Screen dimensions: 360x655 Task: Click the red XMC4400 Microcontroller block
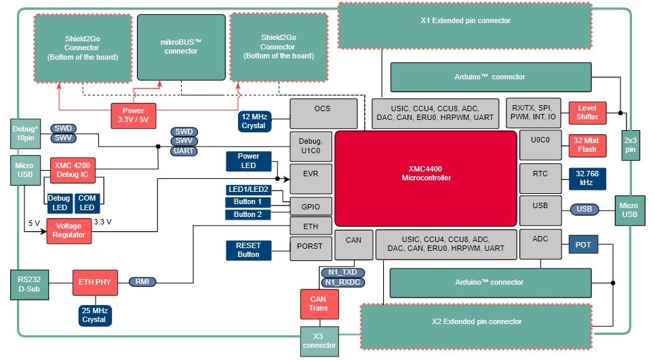tap(426, 178)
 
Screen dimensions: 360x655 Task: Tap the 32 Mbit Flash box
tap(587, 145)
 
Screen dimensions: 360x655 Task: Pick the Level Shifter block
tap(587, 113)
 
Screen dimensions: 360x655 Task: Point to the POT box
tap(582, 245)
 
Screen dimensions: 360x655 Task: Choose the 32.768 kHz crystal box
tap(587, 178)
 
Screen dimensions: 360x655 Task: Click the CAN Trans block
tap(318, 304)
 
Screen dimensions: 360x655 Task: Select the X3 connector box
tap(319, 341)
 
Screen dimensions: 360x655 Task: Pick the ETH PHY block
tap(94, 282)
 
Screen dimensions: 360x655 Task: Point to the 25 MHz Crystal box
tap(94, 315)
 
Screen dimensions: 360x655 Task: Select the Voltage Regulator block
tap(69, 231)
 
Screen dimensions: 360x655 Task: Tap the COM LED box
tap(87, 203)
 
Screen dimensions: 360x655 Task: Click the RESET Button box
tap(248, 250)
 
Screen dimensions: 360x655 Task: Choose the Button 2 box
tap(247, 215)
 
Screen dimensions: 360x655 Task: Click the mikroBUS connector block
tap(180, 47)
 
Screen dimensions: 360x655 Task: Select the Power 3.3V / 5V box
tap(133, 115)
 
